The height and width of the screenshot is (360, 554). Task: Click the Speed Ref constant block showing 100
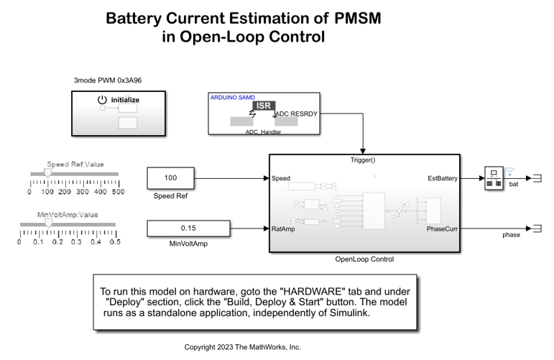[x=170, y=177]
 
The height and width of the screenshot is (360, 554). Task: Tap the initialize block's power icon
[x=103, y=99]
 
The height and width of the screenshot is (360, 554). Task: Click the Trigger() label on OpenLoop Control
[x=363, y=160]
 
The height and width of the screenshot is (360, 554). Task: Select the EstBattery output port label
[x=441, y=177]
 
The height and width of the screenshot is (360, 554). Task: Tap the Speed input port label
[x=281, y=177]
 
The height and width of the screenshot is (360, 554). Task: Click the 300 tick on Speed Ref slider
[x=83, y=192]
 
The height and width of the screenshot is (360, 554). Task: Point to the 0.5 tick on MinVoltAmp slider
[x=114, y=242]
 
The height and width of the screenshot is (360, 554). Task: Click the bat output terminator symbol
[x=535, y=177]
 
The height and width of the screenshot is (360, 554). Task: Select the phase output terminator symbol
[x=535, y=229]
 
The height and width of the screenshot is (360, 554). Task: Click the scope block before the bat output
[x=494, y=177]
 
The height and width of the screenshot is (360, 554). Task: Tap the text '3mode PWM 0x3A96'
[x=107, y=80]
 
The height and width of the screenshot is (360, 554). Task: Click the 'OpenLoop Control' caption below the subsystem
[x=364, y=259]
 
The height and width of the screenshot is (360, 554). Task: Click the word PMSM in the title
[x=357, y=18]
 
